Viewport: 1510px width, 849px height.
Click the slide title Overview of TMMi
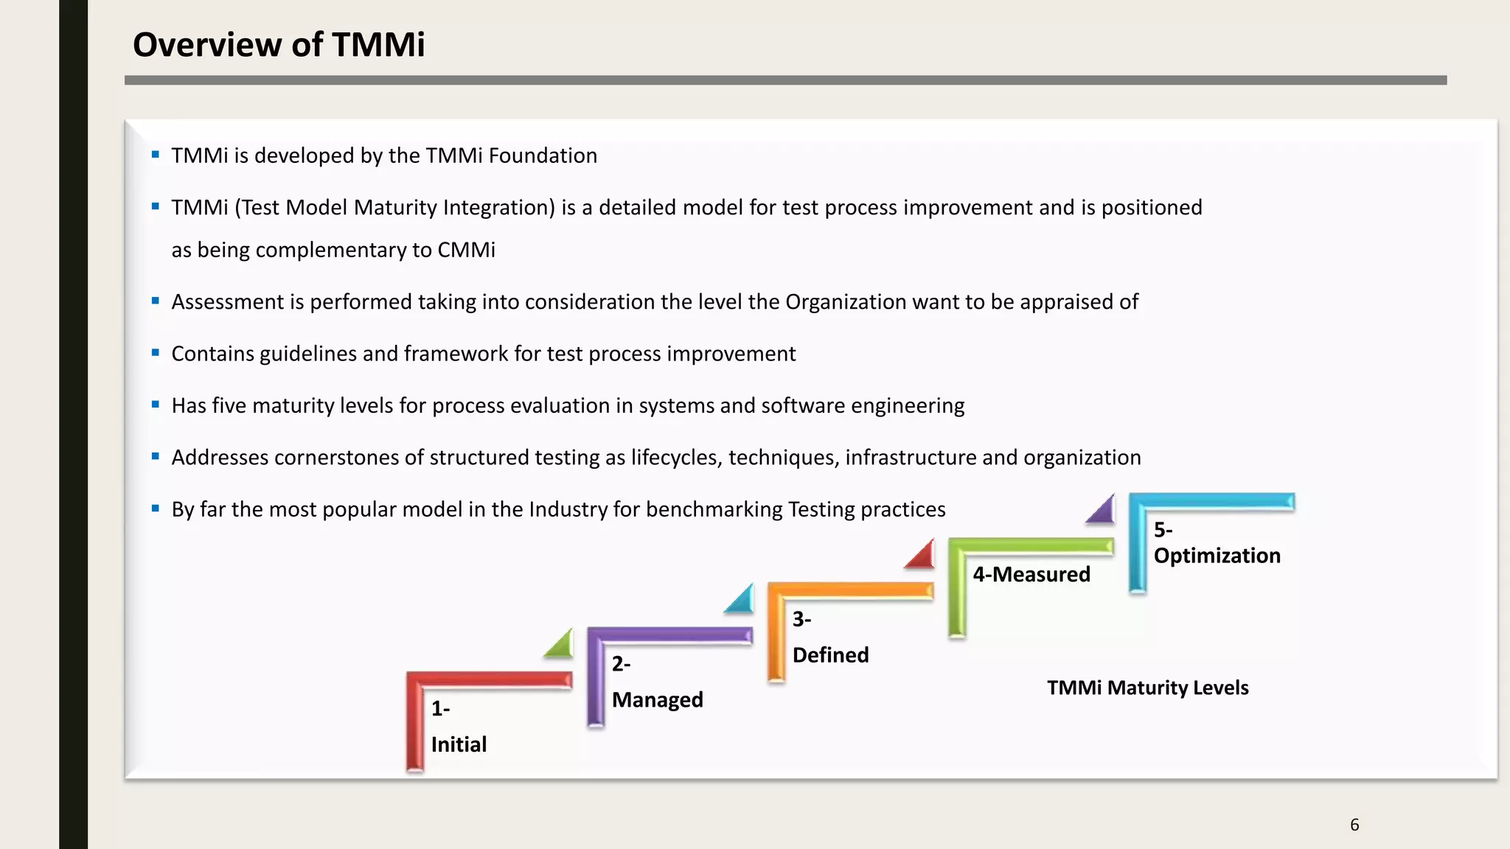tap(278, 44)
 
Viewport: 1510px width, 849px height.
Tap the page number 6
tap(1354, 825)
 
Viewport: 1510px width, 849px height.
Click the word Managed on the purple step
tap(657, 699)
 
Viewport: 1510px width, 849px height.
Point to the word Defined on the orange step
tap(830, 654)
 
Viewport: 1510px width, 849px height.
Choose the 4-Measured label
tap(1031, 574)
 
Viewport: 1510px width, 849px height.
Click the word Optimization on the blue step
tap(1217, 555)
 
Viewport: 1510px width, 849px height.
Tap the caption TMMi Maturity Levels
tap(1147, 688)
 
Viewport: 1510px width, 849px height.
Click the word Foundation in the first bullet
tap(543, 156)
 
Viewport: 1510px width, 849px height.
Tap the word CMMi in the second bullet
tap(466, 250)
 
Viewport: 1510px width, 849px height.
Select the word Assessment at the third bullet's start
tap(227, 301)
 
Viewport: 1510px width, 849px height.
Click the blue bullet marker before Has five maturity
tap(156, 405)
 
